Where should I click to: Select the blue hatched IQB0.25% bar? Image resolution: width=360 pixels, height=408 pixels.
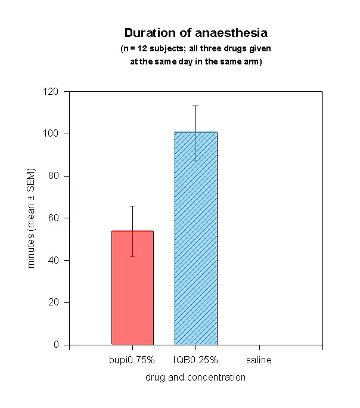(195, 239)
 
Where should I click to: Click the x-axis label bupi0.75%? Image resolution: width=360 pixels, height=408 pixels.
(132, 360)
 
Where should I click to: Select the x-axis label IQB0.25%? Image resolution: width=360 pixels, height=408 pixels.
(195, 360)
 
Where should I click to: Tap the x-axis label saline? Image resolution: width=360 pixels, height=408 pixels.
(259, 360)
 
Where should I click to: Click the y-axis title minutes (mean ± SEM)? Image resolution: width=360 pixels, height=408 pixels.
(32, 218)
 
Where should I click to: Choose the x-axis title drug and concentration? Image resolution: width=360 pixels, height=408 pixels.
(195, 377)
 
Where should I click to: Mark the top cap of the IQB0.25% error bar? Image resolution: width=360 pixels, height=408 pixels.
(195, 106)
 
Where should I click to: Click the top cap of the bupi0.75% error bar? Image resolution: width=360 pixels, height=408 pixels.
(132, 206)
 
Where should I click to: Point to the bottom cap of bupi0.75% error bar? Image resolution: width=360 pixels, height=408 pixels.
(132, 256)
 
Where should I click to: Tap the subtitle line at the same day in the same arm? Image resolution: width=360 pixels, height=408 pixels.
(196, 60)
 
